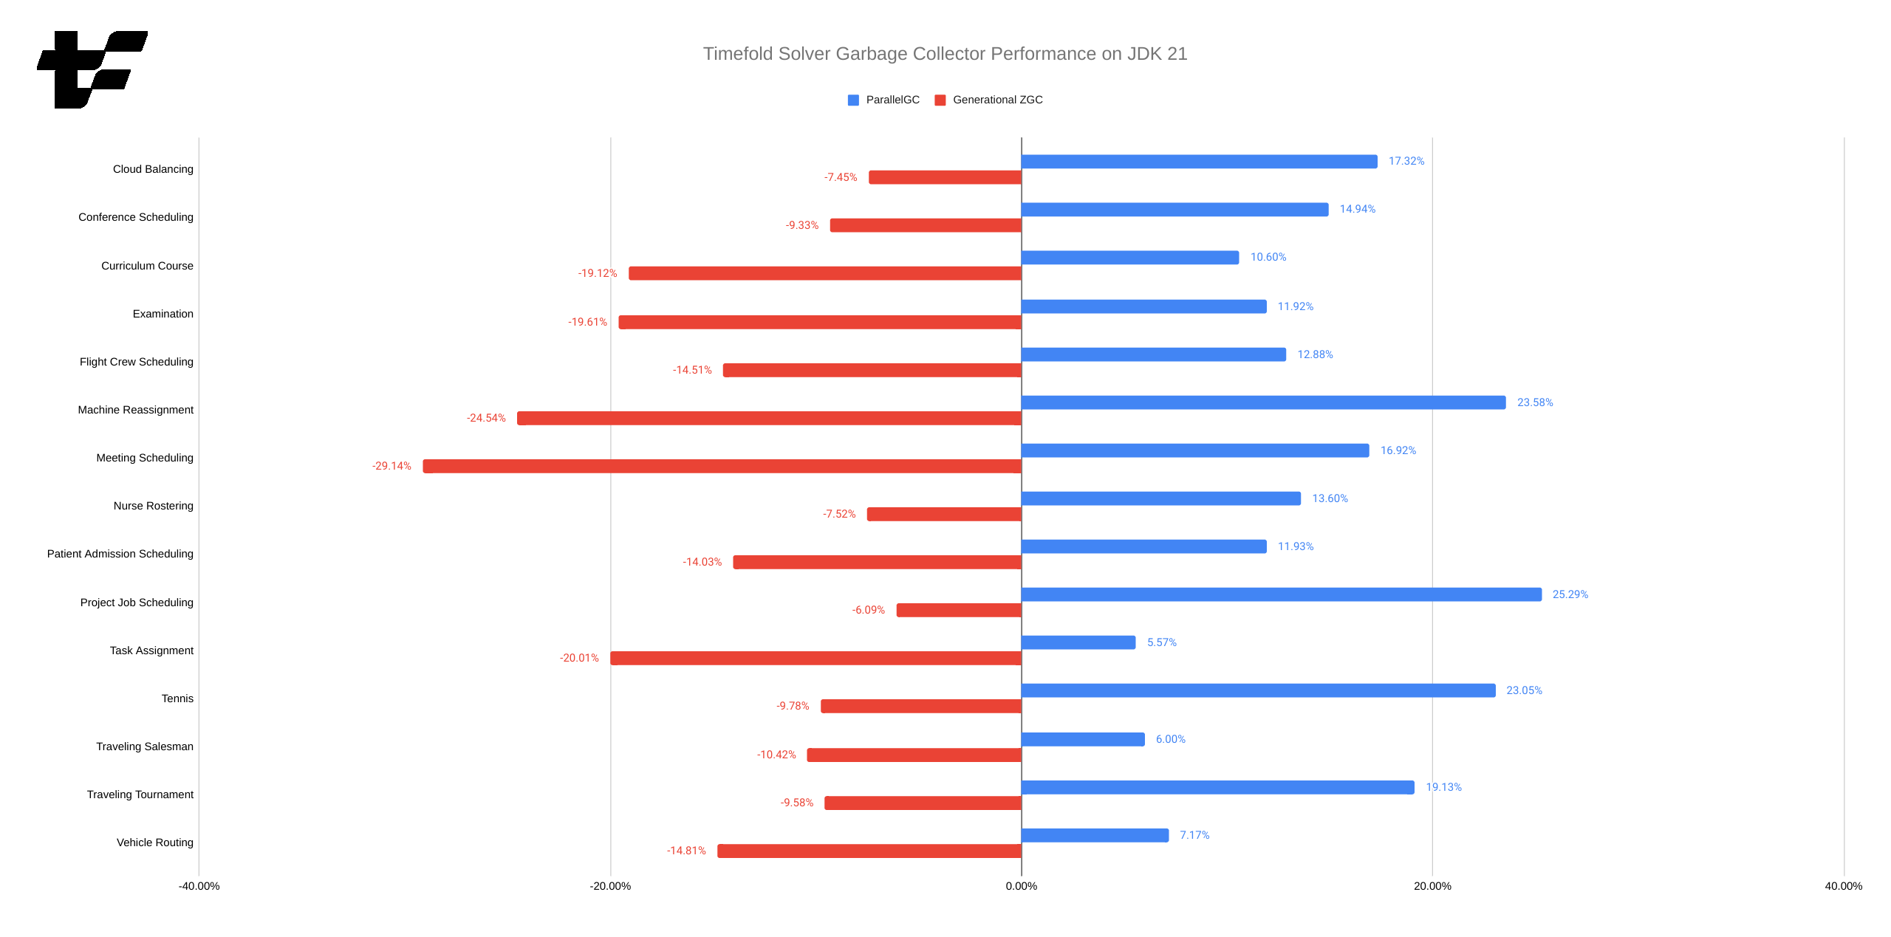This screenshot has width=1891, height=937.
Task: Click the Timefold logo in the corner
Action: (x=92, y=69)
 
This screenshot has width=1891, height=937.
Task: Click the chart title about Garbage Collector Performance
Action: (x=945, y=54)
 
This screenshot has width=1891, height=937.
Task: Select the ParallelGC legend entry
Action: (x=884, y=100)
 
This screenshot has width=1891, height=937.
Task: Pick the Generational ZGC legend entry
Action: (x=989, y=100)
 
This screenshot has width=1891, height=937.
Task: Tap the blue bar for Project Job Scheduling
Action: (x=1281, y=594)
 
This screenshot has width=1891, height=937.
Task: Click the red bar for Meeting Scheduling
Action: (x=722, y=466)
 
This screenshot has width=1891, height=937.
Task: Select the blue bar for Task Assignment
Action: (x=1078, y=642)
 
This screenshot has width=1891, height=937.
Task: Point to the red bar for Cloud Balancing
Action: (x=945, y=177)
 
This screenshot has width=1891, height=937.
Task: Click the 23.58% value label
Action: (x=1534, y=402)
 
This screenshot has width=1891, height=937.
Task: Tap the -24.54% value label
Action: (x=486, y=418)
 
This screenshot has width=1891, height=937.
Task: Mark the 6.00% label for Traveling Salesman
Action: (x=1170, y=739)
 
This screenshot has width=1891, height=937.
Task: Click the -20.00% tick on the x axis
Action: (x=610, y=886)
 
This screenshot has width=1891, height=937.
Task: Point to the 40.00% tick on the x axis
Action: (x=1843, y=886)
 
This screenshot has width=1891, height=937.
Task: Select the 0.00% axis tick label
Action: (x=1021, y=886)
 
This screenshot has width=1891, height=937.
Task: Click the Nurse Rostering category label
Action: (x=154, y=506)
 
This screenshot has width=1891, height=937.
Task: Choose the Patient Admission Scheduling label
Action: (x=120, y=554)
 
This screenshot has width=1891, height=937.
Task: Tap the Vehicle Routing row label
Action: (x=155, y=842)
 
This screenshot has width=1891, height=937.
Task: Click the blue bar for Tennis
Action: (x=1258, y=690)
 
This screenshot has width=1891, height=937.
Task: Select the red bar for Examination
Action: (x=820, y=322)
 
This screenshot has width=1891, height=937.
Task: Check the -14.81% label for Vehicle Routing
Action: (x=686, y=851)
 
